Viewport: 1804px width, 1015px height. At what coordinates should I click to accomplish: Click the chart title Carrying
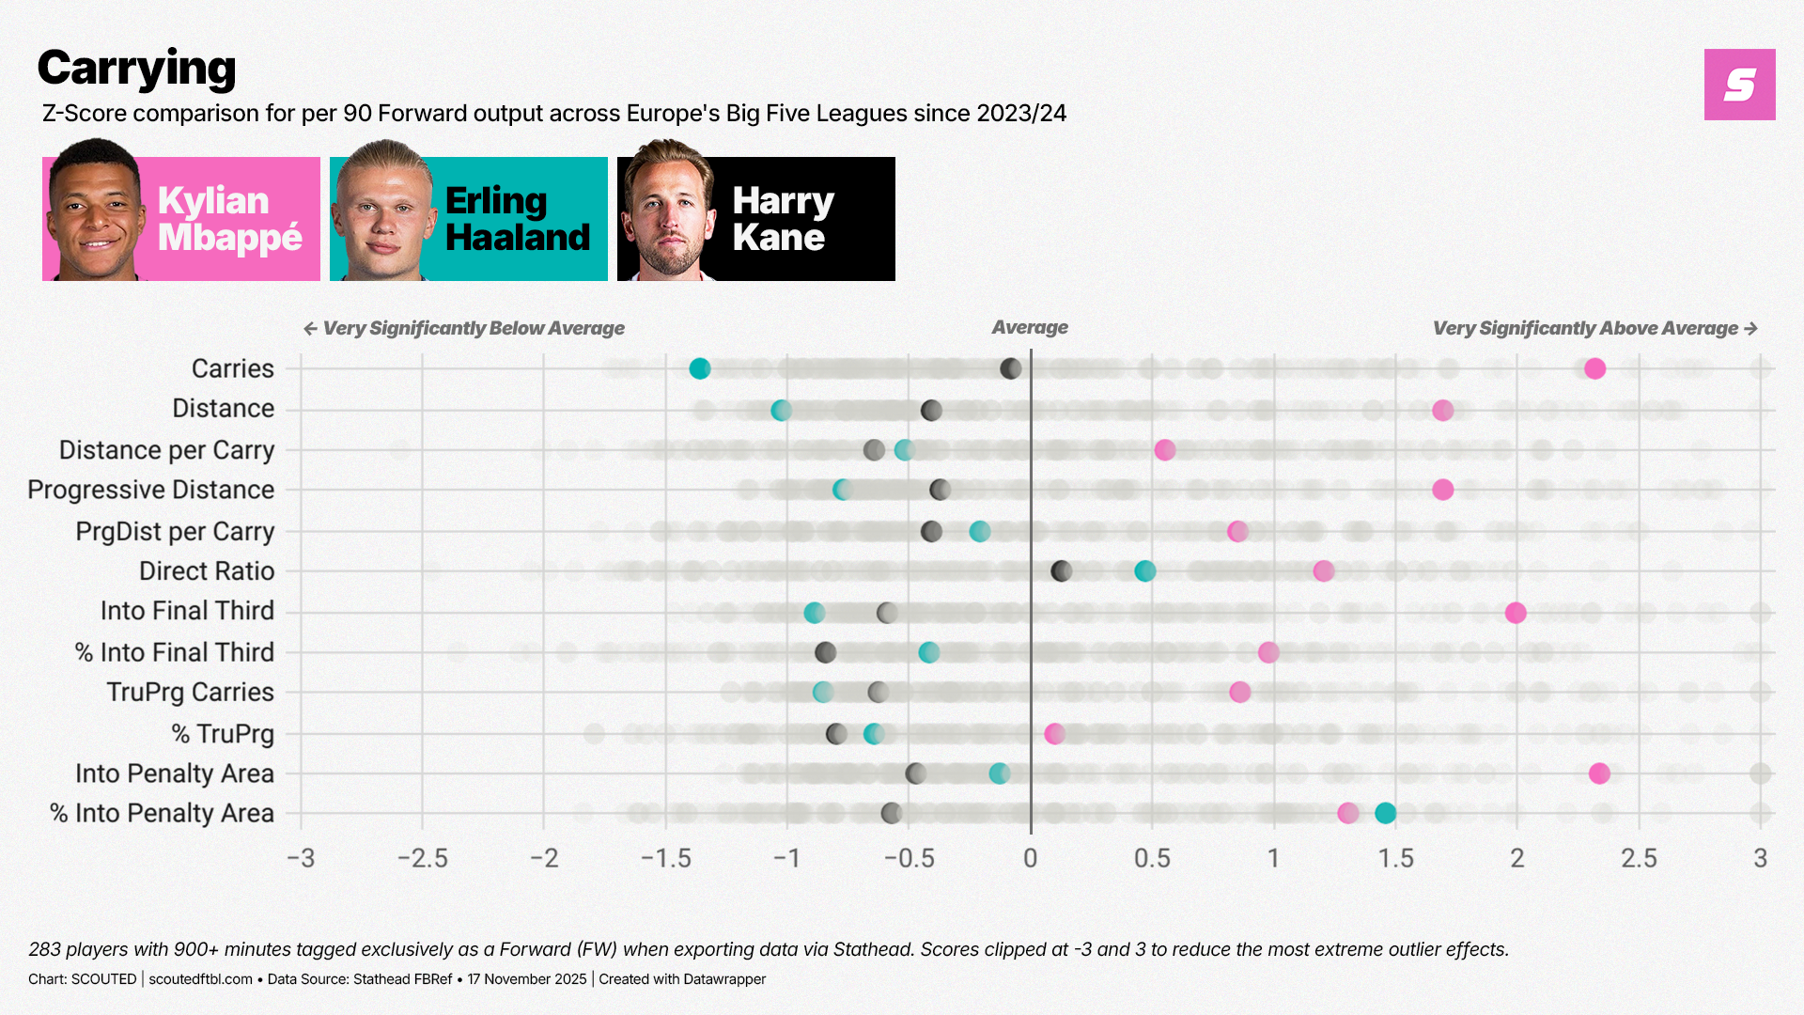tap(137, 69)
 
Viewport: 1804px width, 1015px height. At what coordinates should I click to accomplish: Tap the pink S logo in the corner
tap(1739, 85)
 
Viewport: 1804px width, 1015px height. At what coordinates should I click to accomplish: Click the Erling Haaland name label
tap(517, 219)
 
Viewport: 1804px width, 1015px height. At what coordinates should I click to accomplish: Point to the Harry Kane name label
tap(783, 219)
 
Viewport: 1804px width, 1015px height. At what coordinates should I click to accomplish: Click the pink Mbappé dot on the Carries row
tap(1594, 368)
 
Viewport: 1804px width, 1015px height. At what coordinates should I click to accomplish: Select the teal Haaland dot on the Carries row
tap(699, 368)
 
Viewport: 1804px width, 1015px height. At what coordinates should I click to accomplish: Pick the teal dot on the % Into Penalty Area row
tap(1385, 813)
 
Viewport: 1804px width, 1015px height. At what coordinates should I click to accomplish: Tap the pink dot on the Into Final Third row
tap(1516, 613)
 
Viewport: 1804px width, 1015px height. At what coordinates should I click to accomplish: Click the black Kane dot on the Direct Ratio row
tap(1061, 570)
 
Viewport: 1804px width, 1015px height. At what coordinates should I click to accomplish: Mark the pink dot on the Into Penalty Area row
tap(1599, 773)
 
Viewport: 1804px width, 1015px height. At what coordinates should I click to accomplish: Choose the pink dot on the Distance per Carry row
tap(1164, 450)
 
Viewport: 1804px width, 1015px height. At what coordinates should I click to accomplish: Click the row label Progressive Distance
tap(151, 490)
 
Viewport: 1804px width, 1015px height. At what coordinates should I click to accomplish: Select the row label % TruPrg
tap(223, 733)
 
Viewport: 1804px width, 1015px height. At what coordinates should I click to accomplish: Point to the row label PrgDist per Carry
tap(175, 531)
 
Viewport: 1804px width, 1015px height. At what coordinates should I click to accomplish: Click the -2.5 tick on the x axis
tap(423, 858)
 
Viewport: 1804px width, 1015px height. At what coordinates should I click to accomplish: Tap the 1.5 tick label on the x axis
tap(1395, 858)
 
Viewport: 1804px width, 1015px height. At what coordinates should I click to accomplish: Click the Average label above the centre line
tap(1030, 327)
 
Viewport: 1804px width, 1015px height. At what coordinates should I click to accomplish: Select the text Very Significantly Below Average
tap(474, 328)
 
